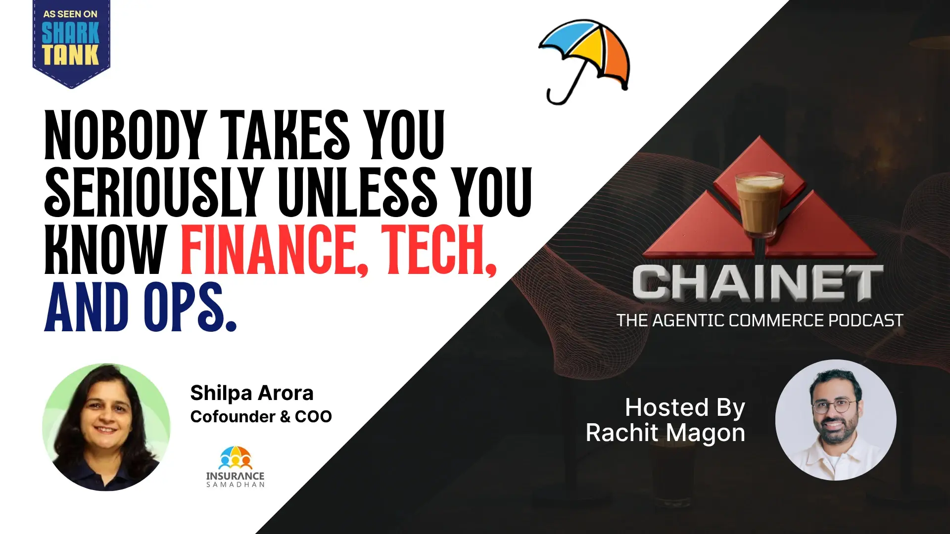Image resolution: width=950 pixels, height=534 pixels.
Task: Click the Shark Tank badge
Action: coord(71,42)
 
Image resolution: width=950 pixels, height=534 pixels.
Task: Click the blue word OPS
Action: coord(188,308)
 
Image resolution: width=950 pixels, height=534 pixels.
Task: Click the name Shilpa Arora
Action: coord(251,393)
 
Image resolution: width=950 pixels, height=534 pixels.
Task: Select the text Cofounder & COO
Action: coord(261,416)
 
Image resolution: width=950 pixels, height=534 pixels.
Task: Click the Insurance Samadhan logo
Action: coord(236,467)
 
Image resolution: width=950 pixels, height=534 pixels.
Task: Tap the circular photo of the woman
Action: coord(106,427)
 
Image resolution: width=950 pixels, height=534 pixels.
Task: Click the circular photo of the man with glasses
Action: coord(836,420)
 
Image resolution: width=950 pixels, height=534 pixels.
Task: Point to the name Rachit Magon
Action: coord(665,433)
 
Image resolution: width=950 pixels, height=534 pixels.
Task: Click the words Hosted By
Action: coord(685,407)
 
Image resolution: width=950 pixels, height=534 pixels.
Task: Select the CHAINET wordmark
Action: coord(757,283)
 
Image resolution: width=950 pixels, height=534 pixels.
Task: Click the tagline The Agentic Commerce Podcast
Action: coord(760,320)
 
